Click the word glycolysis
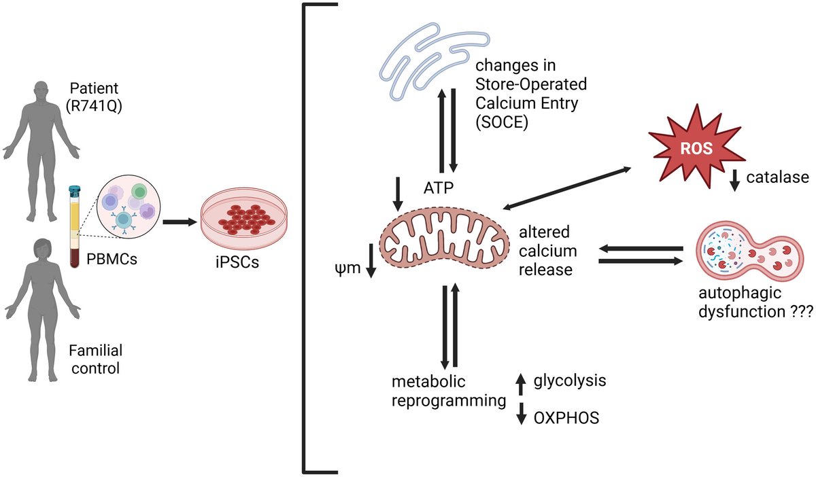(x=570, y=380)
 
